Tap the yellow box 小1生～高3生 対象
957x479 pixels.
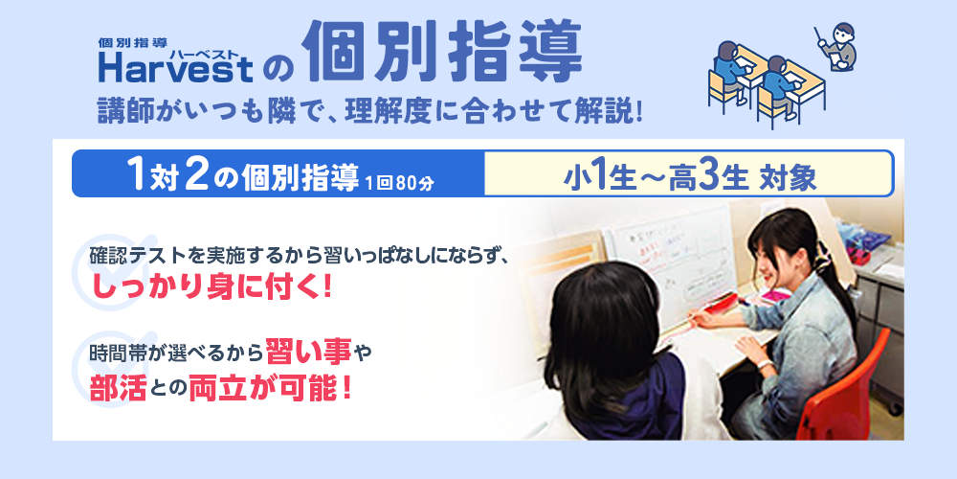pyautogui.click(x=688, y=174)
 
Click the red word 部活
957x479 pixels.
pyautogui.click(x=118, y=388)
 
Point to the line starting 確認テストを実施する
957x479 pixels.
pyautogui.click(x=297, y=257)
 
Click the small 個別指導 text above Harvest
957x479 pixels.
pyautogui.click(x=133, y=42)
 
